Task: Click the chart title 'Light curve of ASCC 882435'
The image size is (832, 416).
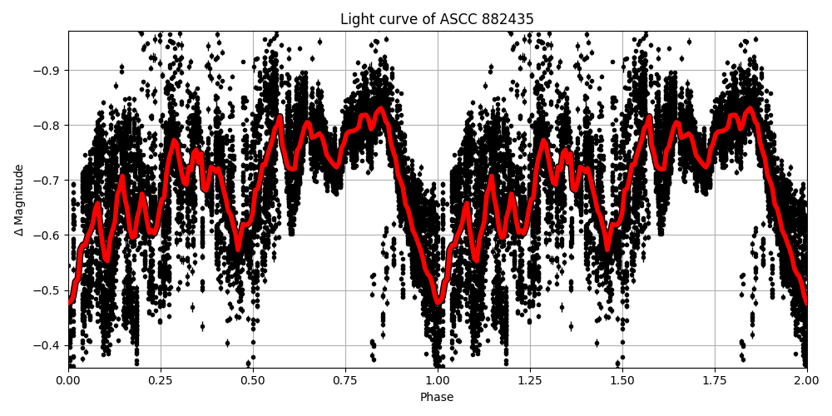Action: point(437,19)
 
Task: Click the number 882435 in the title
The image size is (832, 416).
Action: point(504,19)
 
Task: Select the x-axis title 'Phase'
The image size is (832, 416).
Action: point(437,398)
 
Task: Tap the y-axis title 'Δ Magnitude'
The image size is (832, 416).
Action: point(18,200)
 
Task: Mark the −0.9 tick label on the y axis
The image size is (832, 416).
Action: point(47,70)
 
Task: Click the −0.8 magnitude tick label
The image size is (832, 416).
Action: point(47,125)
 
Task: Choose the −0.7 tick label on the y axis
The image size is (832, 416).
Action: point(47,180)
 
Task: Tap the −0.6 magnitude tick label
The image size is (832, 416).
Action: point(47,235)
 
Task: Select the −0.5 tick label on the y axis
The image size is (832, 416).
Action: point(47,290)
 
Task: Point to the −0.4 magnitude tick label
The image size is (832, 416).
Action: point(47,345)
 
